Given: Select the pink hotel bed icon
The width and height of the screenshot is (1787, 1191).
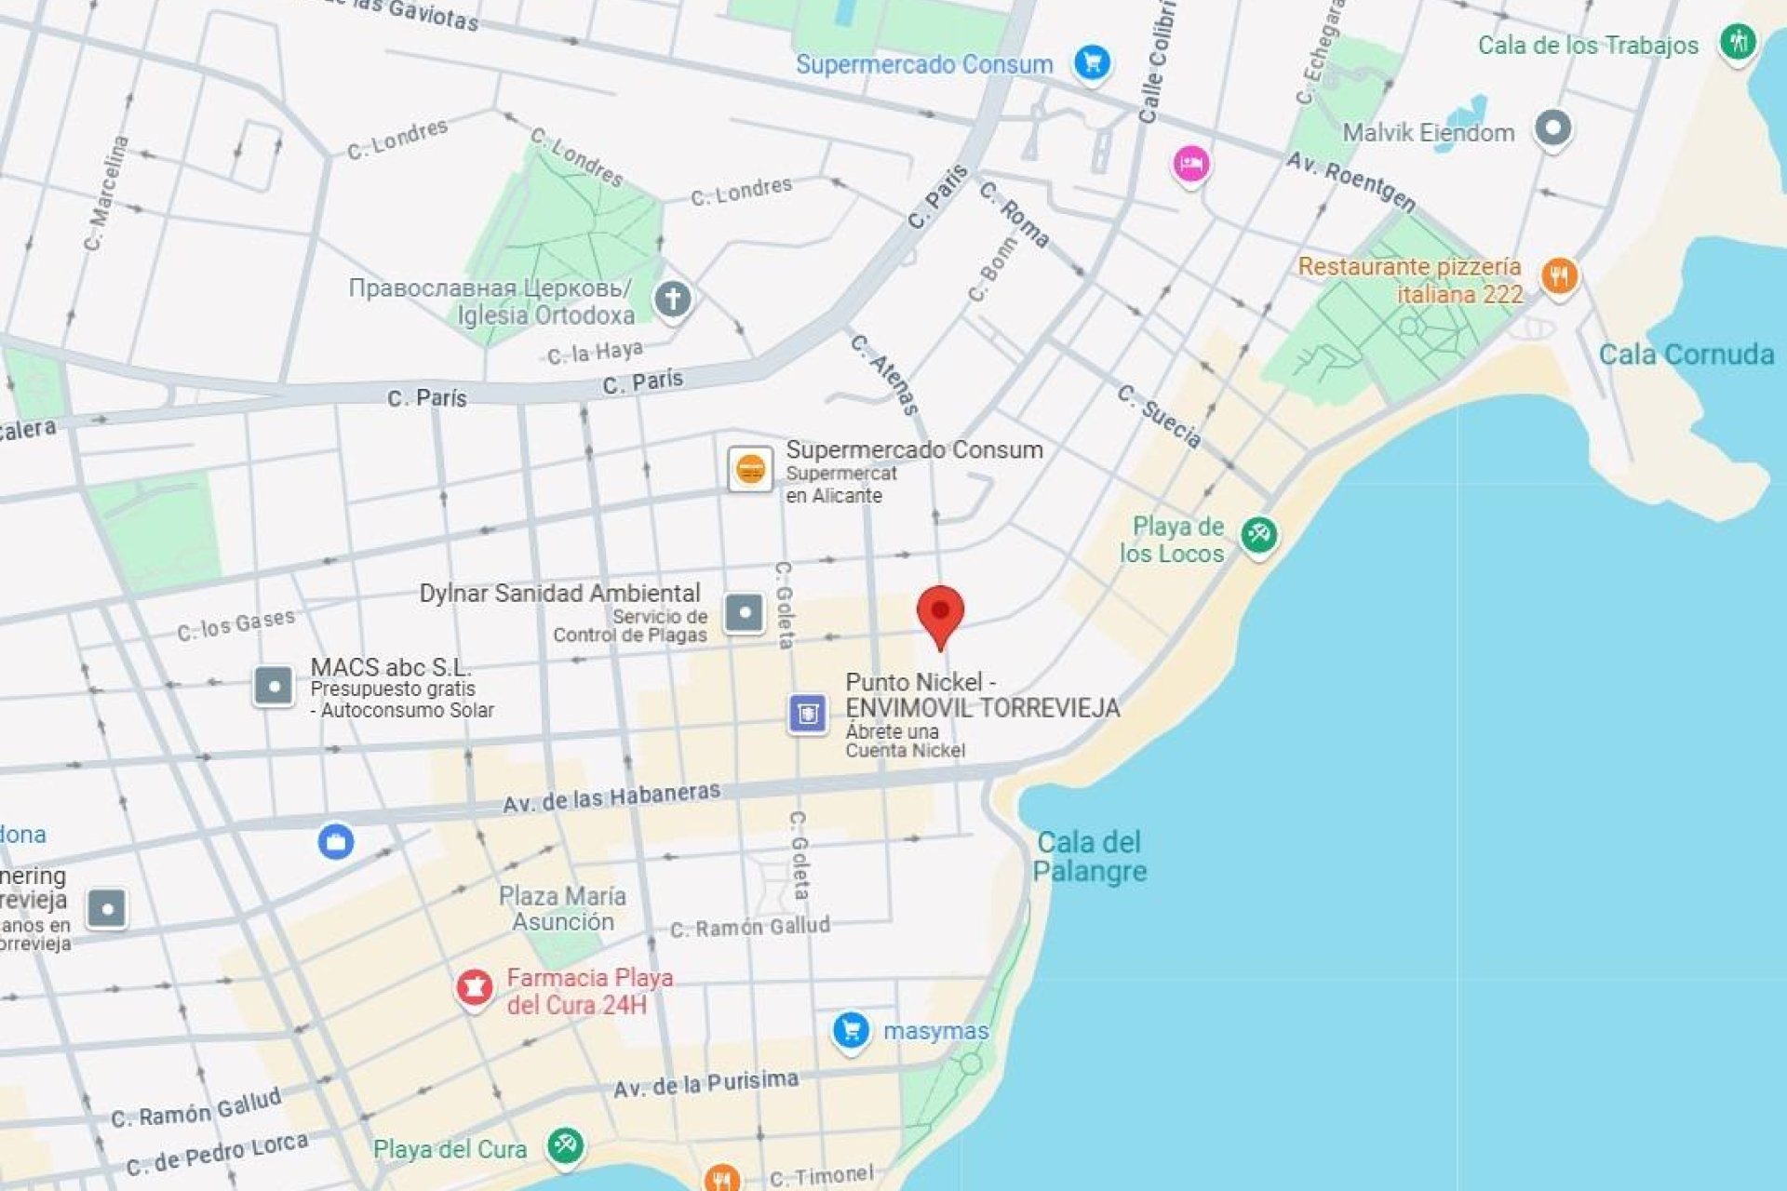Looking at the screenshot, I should (1190, 165).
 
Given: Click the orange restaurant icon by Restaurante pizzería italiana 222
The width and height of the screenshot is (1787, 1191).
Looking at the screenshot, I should (1559, 276).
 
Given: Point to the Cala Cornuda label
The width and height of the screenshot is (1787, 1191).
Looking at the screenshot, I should (1686, 355).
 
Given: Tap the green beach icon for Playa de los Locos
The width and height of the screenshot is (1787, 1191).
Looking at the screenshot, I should (1259, 535).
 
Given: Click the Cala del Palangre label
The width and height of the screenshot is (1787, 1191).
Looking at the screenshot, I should (1089, 857).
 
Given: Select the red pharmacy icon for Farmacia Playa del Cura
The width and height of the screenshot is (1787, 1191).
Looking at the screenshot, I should (474, 987).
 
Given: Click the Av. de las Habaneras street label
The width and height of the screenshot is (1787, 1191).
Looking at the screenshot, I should (611, 797).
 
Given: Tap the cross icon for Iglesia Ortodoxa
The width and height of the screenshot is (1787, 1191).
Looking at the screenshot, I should (673, 300).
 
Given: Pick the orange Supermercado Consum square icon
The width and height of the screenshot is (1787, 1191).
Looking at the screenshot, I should (750, 468).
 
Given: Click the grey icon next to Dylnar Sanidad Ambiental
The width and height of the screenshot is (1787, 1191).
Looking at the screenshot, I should (744, 613).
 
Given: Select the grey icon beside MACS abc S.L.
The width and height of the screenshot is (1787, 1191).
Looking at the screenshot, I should (274, 687).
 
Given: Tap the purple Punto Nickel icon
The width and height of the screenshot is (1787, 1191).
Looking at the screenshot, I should (807, 715).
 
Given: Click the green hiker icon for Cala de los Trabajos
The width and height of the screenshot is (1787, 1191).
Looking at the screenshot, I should (1737, 42).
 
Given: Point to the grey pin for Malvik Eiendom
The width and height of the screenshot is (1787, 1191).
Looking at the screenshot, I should (1552, 127).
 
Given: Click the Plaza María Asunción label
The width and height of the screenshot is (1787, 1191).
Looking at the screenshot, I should (562, 909).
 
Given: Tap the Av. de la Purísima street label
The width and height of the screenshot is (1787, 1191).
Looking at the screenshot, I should (705, 1084).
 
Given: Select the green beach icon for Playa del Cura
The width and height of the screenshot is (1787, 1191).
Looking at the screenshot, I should (565, 1144).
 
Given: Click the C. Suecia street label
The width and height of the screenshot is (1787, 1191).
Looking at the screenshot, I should (1160, 416).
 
